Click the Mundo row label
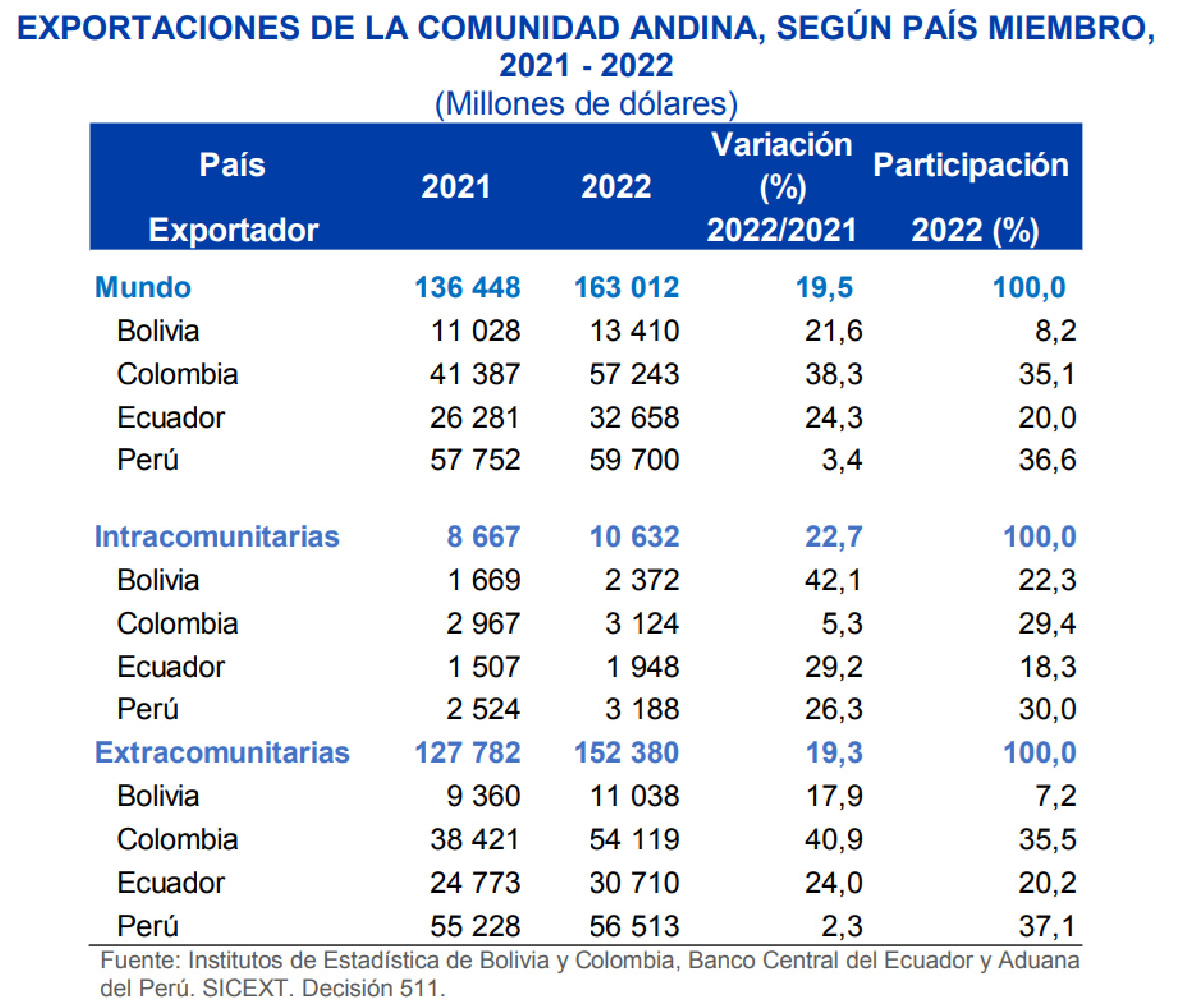[142, 287]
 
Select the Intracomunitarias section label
[217, 537]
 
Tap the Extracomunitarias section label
[222, 753]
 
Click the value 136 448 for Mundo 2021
[467, 287]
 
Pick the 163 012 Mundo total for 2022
[626, 287]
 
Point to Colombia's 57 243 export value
[634, 374]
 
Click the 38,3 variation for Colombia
[833, 374]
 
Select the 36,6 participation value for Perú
[1048, 460]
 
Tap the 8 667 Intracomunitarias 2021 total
[483, 537]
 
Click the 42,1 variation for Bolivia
[833, 580]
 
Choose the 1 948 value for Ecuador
[643, 667]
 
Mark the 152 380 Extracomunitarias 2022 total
[626, 753]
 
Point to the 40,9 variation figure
[833, 840]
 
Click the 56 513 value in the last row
[634, 926]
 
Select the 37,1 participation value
[1048, 926]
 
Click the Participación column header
[971, 166]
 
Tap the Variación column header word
[781, 145]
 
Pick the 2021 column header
[455, 187]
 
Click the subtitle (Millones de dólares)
[587, 104]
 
